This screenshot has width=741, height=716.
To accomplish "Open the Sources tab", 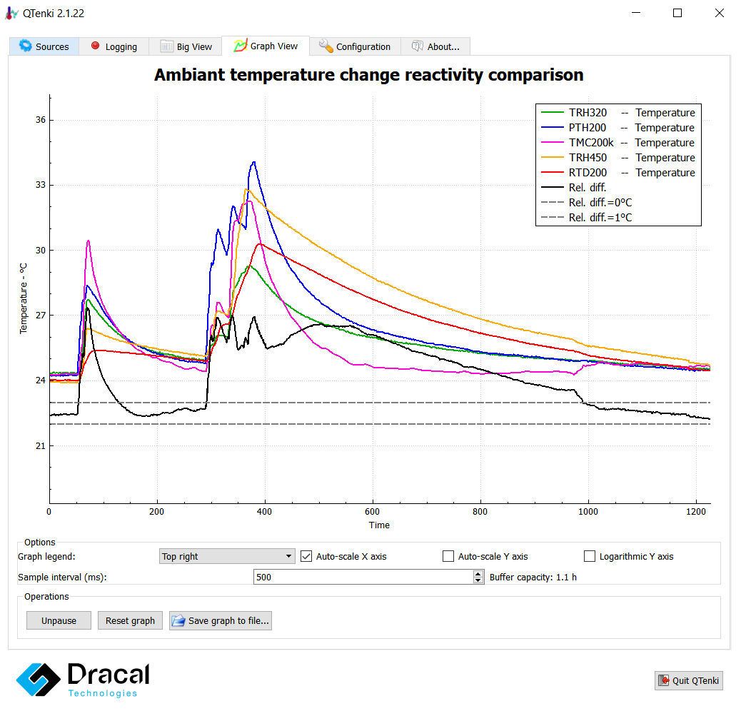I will [44, 46].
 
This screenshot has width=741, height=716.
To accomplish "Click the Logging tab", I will [114, 46].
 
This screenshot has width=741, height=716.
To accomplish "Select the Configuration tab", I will [355, 46].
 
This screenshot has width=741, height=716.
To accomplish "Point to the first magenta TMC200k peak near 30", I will [88, 241].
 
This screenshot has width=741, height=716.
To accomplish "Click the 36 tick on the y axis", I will [39, 120].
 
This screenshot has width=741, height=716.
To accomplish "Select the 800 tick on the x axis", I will [480, 511].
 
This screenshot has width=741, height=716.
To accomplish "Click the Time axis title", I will [379, 525].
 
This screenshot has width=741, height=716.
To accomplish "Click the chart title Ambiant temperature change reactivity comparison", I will [368, 75].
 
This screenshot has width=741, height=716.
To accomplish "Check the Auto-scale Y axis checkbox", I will [448, 556].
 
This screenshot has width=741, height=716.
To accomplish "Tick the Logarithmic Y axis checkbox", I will [590, 556].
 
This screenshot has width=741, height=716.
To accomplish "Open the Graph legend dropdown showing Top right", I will [227, 556].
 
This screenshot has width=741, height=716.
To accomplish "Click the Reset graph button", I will [130, 620].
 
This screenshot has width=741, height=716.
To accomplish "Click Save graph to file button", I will [221, 620].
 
